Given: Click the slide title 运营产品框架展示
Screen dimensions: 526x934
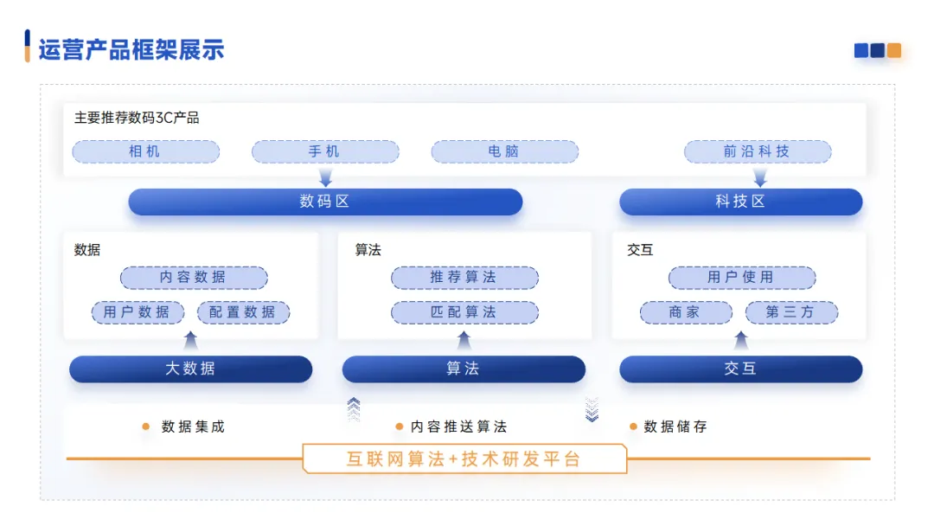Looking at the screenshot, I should [131, 49].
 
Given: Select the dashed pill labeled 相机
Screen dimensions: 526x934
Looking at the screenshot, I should [145, 151].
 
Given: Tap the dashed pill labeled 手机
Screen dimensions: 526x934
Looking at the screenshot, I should [325, 151].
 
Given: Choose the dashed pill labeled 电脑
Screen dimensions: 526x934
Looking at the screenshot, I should [504, 151].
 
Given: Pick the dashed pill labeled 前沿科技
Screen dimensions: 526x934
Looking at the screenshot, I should [757, 151].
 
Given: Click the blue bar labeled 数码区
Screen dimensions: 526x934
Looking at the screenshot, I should [325, 202].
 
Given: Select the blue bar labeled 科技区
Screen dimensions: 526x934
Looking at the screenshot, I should [740, 202].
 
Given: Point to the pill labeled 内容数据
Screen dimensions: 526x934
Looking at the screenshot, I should [194, 278].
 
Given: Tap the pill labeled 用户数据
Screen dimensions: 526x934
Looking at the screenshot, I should [138, 312].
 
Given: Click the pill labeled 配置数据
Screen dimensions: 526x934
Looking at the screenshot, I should [243, 312].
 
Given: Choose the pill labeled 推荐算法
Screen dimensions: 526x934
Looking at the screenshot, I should [464, 278].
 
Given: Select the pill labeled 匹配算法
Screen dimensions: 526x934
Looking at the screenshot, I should [464, 312].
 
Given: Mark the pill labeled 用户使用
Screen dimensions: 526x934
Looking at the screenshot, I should [741, 278].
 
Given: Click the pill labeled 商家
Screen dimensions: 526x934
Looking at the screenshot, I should [685, 312].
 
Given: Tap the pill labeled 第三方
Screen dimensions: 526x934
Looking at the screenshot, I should [790, 312].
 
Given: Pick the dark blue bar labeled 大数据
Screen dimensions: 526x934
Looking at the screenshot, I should [190, 369].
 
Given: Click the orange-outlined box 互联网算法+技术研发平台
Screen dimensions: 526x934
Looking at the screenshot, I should [464, 459].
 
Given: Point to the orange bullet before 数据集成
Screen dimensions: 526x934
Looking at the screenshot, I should [145, 427].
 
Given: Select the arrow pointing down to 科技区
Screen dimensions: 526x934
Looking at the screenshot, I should [760, 177].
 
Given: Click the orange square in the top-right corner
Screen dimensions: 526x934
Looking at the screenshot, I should [894, 50].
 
